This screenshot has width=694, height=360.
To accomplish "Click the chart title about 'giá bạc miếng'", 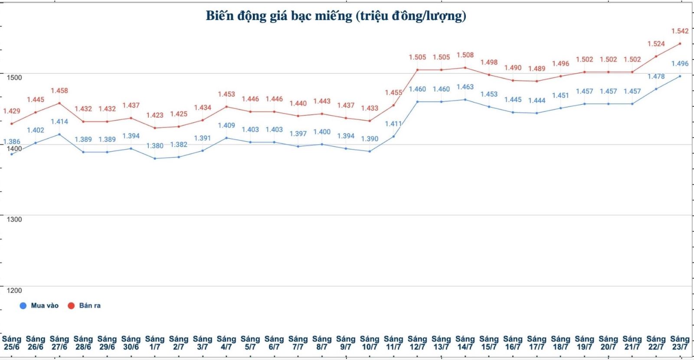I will click(336, 16).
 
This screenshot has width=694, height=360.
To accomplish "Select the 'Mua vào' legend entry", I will click(39, 305).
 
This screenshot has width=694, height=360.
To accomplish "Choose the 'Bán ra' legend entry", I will click(85, 305).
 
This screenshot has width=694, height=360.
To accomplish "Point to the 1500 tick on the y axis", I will click(14, 78).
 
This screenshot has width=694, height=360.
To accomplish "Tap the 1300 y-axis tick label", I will click(14, 219).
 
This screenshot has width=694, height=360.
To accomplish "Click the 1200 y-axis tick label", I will click(14, 291).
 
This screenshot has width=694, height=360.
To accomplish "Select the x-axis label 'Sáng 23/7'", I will click(680, 343).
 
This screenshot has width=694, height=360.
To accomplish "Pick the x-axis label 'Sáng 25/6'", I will click(12, 343).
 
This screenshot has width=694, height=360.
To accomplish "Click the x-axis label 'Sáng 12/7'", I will click(417, 343).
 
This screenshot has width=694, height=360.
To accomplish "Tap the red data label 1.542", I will click(680, 31).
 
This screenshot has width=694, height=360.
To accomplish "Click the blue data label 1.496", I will click(680, 64).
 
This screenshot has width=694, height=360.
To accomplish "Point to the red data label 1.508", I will click(465, 55).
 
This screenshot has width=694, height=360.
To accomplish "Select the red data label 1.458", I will click(59, 91).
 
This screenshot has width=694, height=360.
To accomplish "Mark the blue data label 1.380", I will click(155, 146).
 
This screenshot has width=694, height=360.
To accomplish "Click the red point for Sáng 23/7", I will click(680, 43).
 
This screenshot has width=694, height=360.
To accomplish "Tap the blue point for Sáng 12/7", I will click(417, 102).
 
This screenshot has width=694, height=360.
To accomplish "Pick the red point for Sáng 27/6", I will click(59, 103).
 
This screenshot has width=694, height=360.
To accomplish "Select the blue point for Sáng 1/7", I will click(155, 158).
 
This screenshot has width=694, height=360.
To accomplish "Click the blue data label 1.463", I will click(465, 87).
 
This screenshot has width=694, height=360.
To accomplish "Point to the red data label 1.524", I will click(656, 44).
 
